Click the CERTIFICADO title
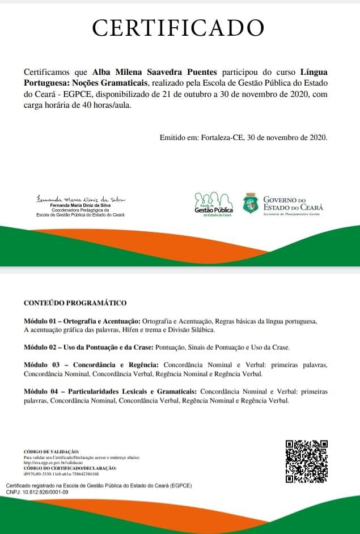click(178, 27)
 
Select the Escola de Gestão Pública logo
click(213, 205)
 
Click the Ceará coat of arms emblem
click(251, 204)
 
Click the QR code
click(307, 461)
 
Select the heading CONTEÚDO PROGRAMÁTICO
click(75, 303)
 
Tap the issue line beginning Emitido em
click(243, 137)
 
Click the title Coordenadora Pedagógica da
click(80, 210)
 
